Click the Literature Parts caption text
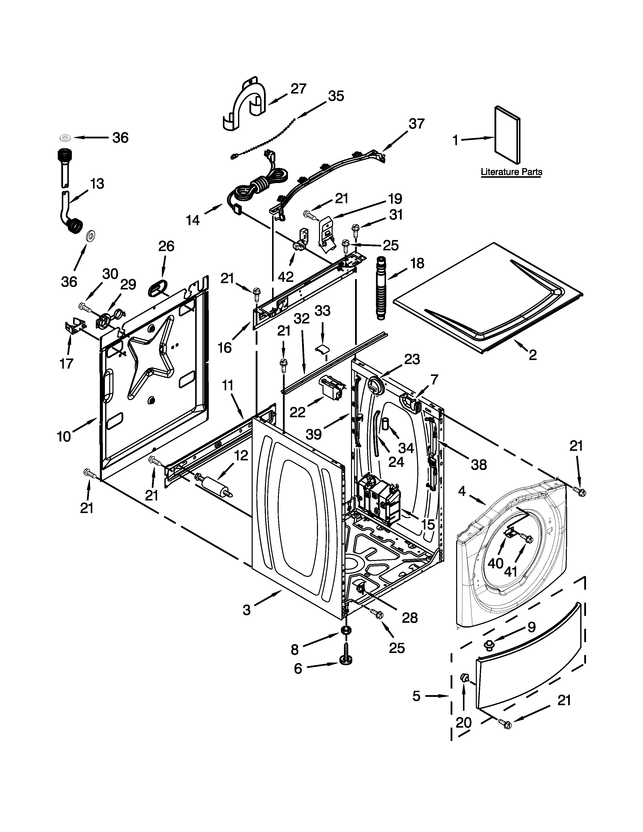tap(511, 172)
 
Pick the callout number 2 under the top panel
tap(533, 355)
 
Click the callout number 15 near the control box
tap(428, 525)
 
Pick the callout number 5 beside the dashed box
tap(416, 696)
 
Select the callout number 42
tap(286, 277)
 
